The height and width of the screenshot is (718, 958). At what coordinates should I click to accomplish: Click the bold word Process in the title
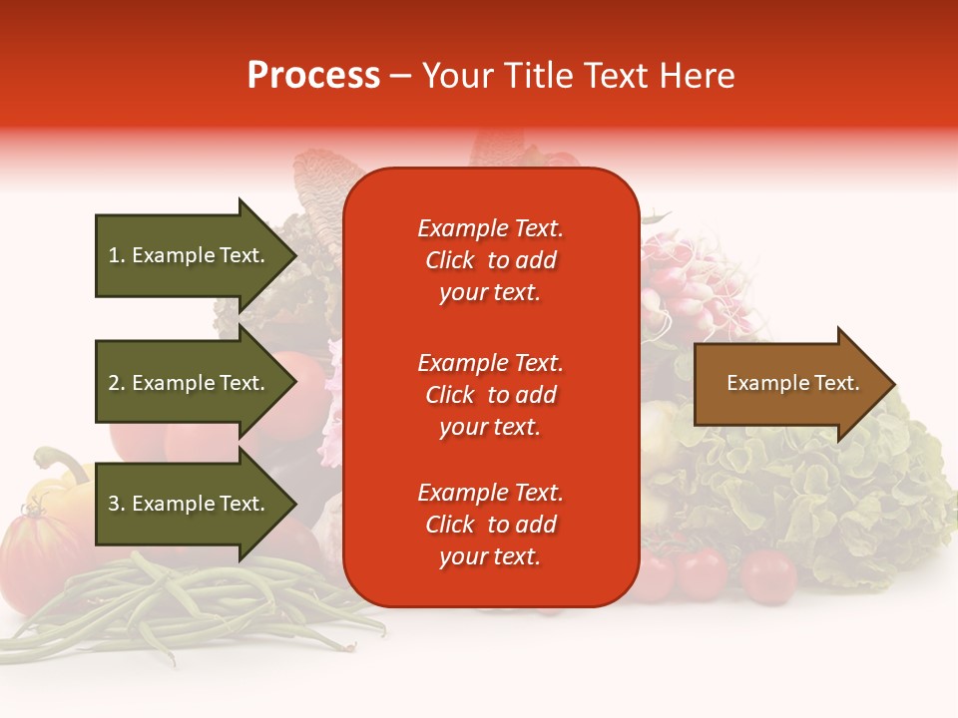coord(313,76)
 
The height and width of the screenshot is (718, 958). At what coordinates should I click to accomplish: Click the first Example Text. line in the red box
coord(490,228)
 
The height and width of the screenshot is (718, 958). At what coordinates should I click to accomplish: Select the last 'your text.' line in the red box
coord(490,556)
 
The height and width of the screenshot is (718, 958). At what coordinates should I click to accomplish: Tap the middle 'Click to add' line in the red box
coord(490,395)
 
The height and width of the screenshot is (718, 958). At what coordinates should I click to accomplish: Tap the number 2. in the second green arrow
coord(117,383)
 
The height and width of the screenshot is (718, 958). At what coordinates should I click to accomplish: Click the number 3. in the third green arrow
coord(117,504)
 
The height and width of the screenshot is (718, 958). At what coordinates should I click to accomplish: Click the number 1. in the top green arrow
coord(117,255)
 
